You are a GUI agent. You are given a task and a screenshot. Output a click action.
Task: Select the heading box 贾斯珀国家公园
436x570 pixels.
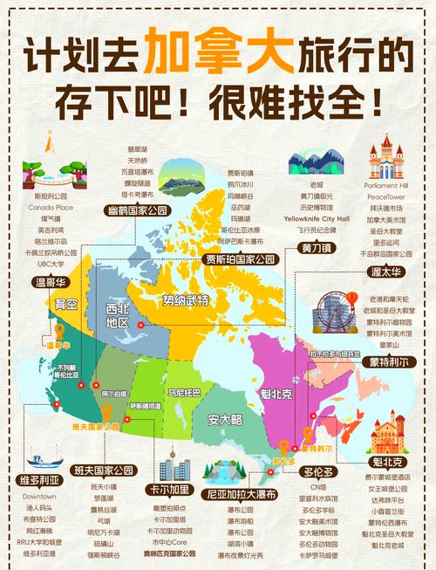point(240,259)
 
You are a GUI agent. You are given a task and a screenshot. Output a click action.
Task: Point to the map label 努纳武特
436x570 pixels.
point(187,300)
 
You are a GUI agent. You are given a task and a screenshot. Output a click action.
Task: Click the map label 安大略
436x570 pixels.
point(224,419)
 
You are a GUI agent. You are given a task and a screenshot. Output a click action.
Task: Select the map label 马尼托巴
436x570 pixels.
point(184,381)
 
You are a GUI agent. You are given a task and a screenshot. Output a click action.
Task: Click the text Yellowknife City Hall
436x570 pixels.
point(318,218)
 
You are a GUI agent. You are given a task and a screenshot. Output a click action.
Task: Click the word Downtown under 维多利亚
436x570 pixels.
point(39,496)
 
